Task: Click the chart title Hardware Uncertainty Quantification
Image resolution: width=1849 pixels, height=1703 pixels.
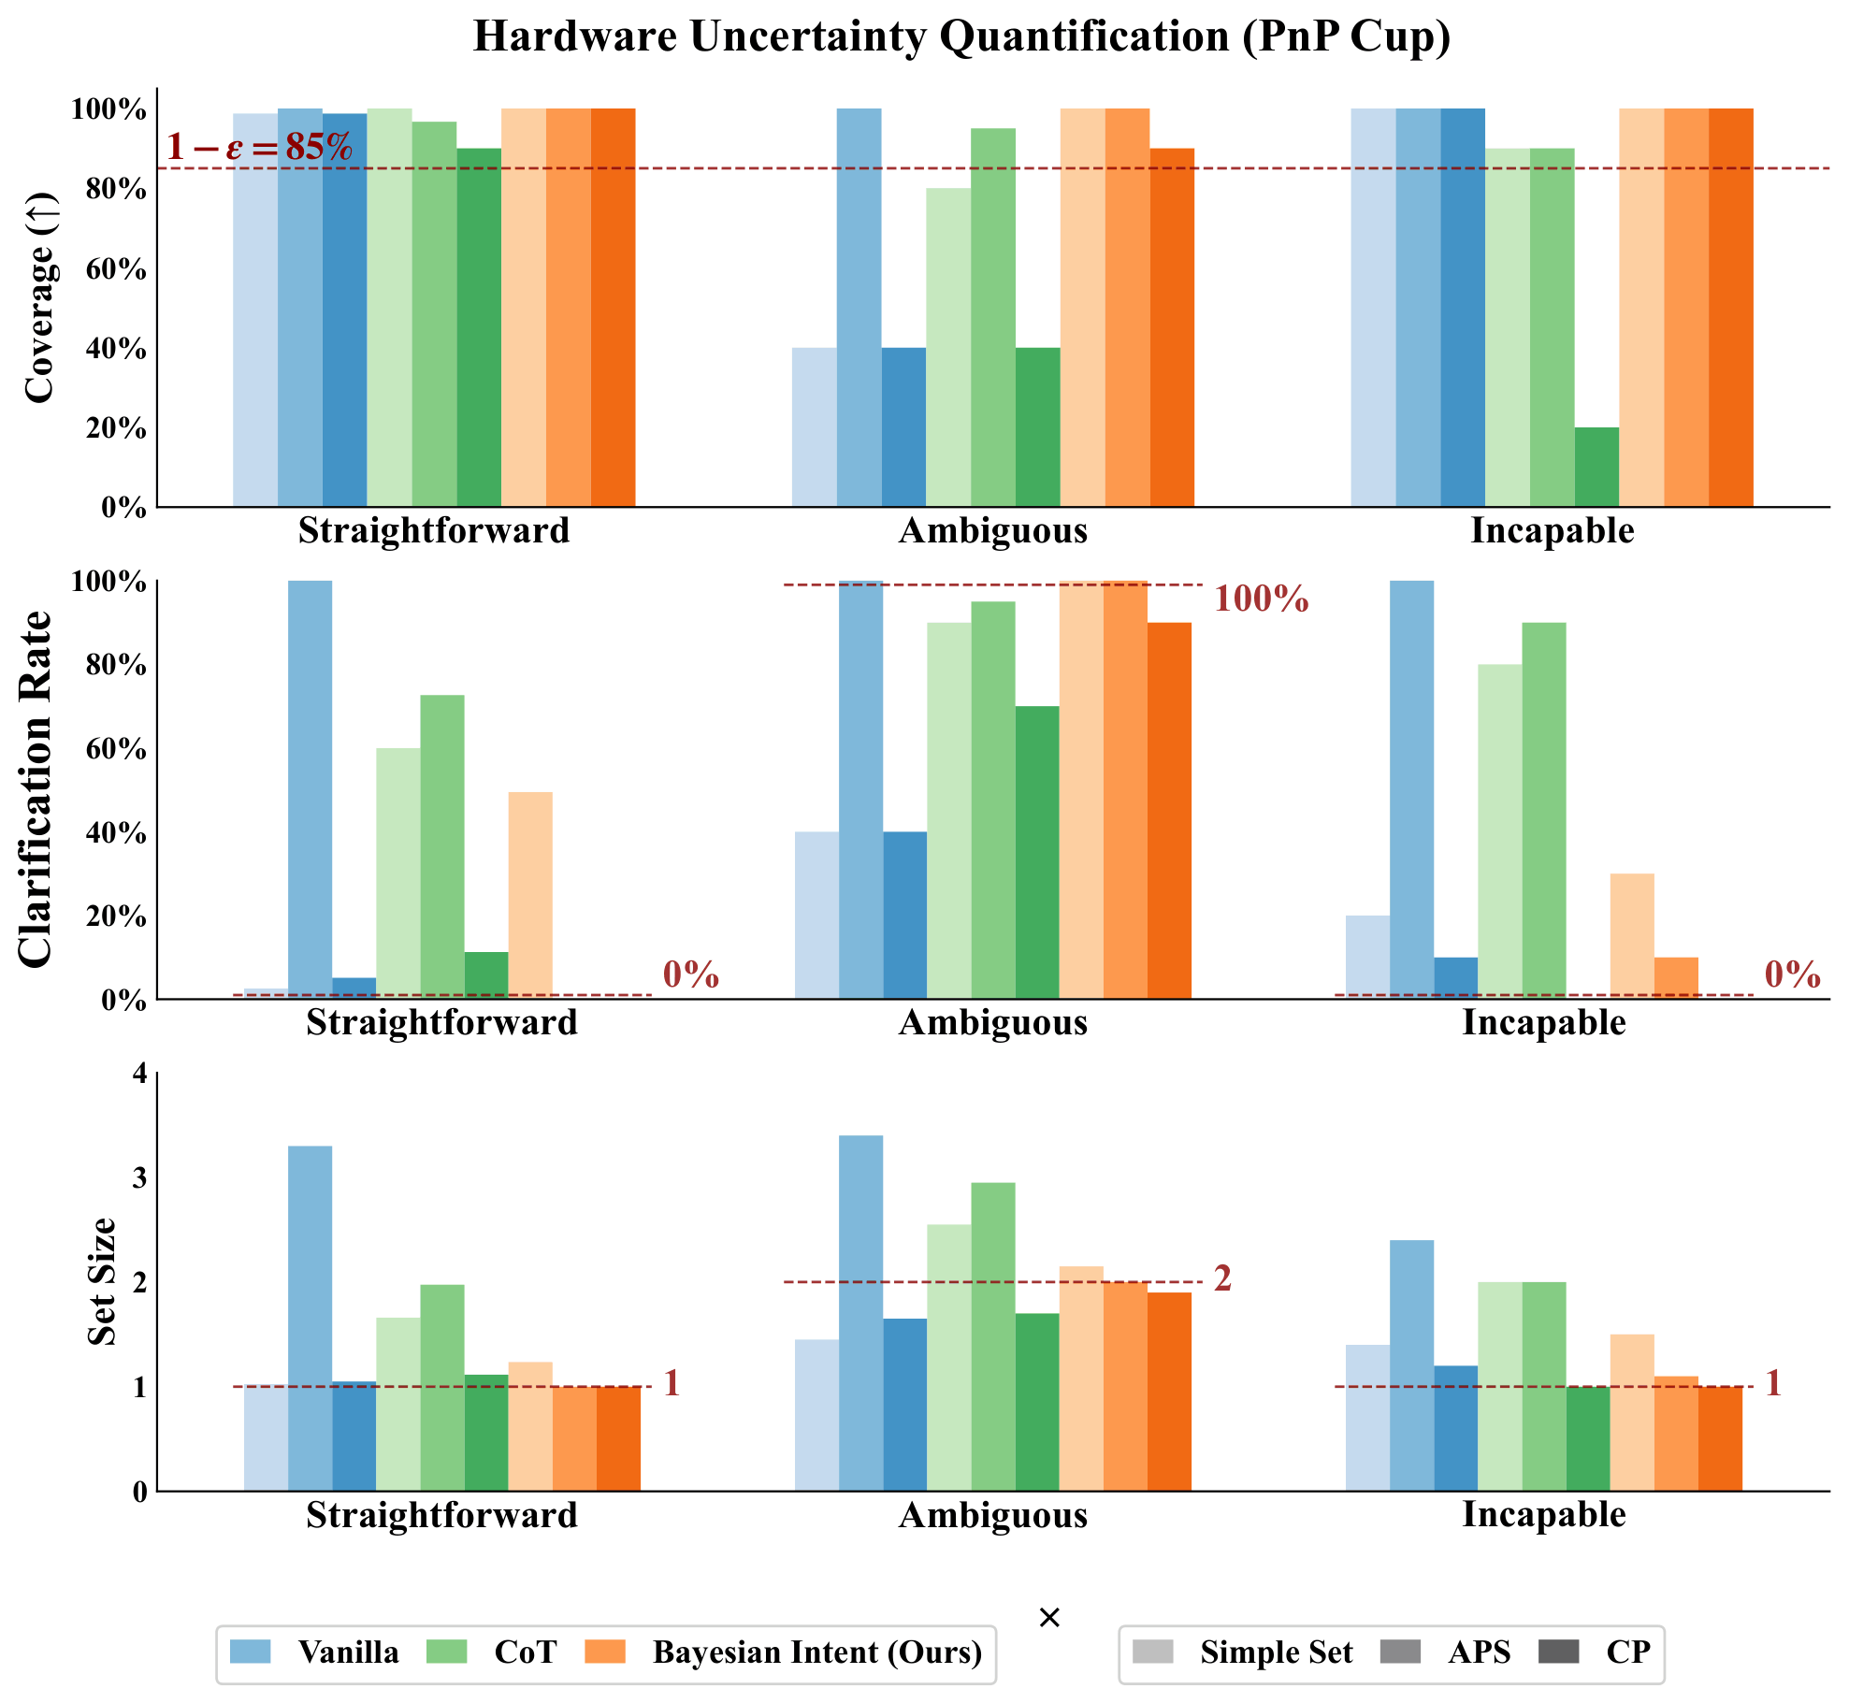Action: tap(961, 36)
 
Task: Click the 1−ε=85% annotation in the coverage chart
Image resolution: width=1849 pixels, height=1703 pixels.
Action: tap(260, 147)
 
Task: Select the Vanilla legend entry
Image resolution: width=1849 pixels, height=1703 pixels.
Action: tap(314, 1652)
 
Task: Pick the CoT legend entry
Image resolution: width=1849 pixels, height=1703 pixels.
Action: tap(491, 1652)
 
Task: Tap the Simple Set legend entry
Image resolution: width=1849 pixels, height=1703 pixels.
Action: tap(1242, 1652)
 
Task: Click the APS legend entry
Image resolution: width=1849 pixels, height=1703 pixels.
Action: tap(1446, 1652)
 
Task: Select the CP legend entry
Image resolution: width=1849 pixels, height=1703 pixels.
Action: tap(1595, 1652)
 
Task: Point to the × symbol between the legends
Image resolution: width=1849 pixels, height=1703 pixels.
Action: tap(1049, 1618)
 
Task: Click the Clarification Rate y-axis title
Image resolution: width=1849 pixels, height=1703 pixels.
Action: tap(36, 789)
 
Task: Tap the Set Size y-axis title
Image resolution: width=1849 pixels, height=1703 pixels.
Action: tap(101, 1282)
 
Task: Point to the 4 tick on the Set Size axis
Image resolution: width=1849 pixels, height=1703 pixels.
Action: tap(139, 1073)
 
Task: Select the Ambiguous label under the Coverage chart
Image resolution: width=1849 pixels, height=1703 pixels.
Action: tap(993, 531)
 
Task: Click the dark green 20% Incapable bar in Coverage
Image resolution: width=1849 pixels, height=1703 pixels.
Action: tap(1596, 468)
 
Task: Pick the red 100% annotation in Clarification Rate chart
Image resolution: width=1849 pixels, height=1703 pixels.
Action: tap(1261, 599)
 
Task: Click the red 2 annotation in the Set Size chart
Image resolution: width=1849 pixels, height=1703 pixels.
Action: tap(1222, 1278)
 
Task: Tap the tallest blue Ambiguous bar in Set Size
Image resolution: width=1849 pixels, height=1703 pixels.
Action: tap(860, 1313)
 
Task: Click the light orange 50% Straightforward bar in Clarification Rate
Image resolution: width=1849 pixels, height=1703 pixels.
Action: tap(530, 896)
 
